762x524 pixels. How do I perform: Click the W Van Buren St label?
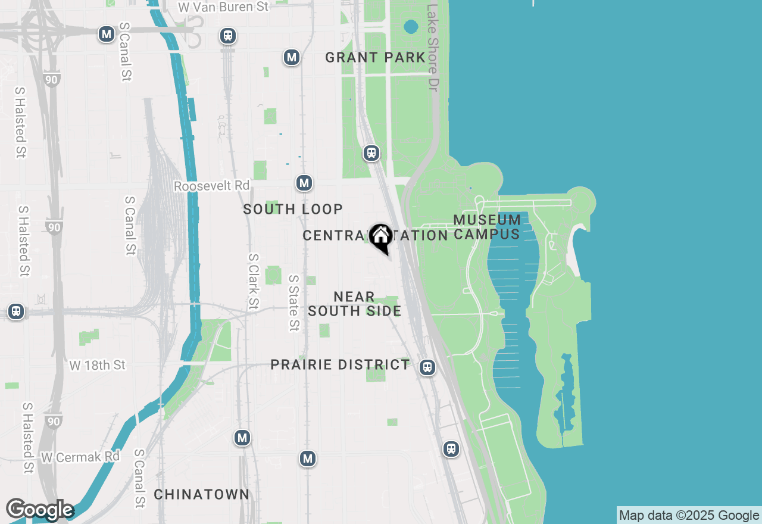coord(223,7)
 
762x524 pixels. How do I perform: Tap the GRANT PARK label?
coord(375,58)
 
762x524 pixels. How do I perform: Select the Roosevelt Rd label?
coord(211,186)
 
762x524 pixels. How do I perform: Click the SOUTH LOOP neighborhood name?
coord(293,209)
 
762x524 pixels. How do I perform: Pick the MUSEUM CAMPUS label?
coord(487,227)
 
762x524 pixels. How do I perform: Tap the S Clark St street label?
coord(254,281)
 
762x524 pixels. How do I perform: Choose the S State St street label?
coord(293,302)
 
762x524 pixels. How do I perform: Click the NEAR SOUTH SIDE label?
coord(354,304)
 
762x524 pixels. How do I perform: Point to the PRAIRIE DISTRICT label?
coord(340,364)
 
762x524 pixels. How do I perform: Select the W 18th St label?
coord(98,365)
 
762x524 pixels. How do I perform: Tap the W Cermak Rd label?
coord(80,457)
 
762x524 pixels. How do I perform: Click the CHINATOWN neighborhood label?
coord(201,494)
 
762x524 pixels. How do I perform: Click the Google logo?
coord(39,510)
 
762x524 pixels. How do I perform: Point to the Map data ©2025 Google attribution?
coord(689,516)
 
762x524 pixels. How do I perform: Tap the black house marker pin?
coord(380,238)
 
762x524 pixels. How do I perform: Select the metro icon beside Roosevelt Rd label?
coord(304,183)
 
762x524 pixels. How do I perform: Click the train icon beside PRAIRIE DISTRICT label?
coord(427,367)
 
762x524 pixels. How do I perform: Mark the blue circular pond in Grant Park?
coord(411,26)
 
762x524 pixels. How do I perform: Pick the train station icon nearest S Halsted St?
coord(16,311)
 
